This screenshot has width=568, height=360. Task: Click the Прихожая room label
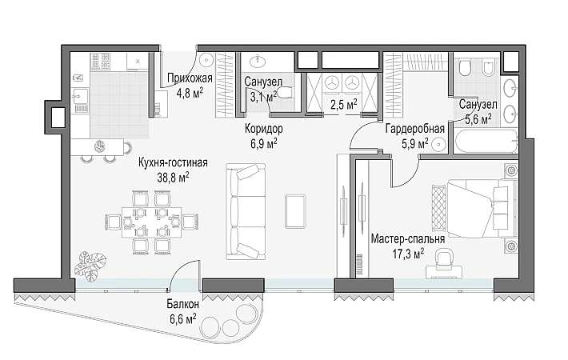click(190, 78)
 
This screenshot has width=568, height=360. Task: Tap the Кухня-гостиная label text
click(173, 162)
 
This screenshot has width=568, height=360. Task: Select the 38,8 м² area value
click(173, 177)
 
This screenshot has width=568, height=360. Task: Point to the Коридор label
click(264, 129)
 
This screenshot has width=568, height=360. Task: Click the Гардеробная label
click(414, 129)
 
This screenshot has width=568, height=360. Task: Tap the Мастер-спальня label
click(408, 239)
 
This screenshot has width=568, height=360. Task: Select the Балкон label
click(183, 303)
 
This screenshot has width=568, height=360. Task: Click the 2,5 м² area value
click(343, 105)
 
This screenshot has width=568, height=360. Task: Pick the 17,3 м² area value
click(408, 254)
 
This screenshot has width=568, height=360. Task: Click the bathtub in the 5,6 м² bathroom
click(485, 142)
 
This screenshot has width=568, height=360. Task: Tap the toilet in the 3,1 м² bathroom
click(286, 93)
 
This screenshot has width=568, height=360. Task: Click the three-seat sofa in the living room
click(246, 211)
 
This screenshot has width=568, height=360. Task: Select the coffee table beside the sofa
click(295, 211)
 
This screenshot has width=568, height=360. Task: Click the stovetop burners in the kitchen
click(100, 62)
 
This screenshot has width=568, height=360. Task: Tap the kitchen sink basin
click(80, 96)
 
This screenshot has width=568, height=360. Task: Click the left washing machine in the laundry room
click(330, 83)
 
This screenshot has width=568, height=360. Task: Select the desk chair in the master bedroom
click(444, 258)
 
